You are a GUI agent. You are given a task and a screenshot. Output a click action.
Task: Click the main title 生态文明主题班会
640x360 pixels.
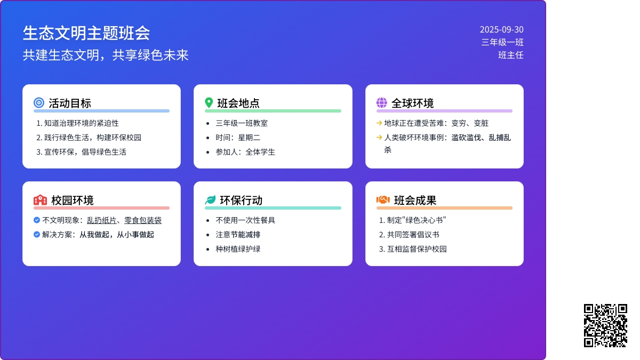pyautogui.click(x=86, y=33)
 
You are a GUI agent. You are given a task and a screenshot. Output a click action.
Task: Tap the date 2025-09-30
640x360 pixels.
pyautogui.click(x=501, y=29)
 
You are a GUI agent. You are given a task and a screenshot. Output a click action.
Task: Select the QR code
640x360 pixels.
pyautogui.click(x=605, y=325)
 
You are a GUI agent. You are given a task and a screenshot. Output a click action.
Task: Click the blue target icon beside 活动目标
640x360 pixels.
pyautogui.click(x=39, y=102)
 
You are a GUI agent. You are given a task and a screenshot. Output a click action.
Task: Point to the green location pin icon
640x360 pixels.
pyautogui.click(x=209, y=102)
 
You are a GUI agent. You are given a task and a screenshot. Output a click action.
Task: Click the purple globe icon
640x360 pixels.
pyautogui.click(x=382, y=102)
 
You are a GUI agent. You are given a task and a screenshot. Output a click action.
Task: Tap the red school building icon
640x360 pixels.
pyautogui.click(x=40, y=200)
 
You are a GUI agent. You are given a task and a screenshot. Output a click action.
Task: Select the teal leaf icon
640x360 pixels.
pyautogui.click(x=210, y=200)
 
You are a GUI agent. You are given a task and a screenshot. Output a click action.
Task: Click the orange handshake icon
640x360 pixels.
pyautogui.click(x=383, y=199)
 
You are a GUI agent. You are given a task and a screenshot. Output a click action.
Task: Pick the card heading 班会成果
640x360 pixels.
pyautogui.click(x=415, y=201)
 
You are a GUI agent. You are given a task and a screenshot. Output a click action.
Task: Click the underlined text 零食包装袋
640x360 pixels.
pyautogui.click(x=143, y=220)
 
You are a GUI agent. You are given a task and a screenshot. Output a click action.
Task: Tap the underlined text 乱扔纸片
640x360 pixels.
pyautogui.click(x=102, y=220)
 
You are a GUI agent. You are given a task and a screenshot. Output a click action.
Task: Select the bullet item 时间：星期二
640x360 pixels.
pyautogui.click(x=238, y=138)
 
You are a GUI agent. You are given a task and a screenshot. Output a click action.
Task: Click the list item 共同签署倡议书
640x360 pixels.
pyautogui.click(x=413, y=235)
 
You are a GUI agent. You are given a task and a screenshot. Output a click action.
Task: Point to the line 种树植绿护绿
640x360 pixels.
pyautogui.click(x=238, y=249)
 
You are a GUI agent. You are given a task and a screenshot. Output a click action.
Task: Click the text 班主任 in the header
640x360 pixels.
pyautogui.click(x=511, y=55)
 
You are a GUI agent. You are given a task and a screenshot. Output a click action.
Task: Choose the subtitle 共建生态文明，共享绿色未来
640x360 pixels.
pyautogui.click(x=106, y=55)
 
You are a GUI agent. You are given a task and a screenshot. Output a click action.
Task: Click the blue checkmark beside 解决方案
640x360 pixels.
pyautogui.click(x=37, y=235)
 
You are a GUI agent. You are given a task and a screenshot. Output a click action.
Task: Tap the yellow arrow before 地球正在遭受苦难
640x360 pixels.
pyautogui.click(x=379, y=123)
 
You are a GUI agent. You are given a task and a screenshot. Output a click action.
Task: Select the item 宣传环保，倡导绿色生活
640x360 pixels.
pyautogui.click(x=85, y=152)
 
